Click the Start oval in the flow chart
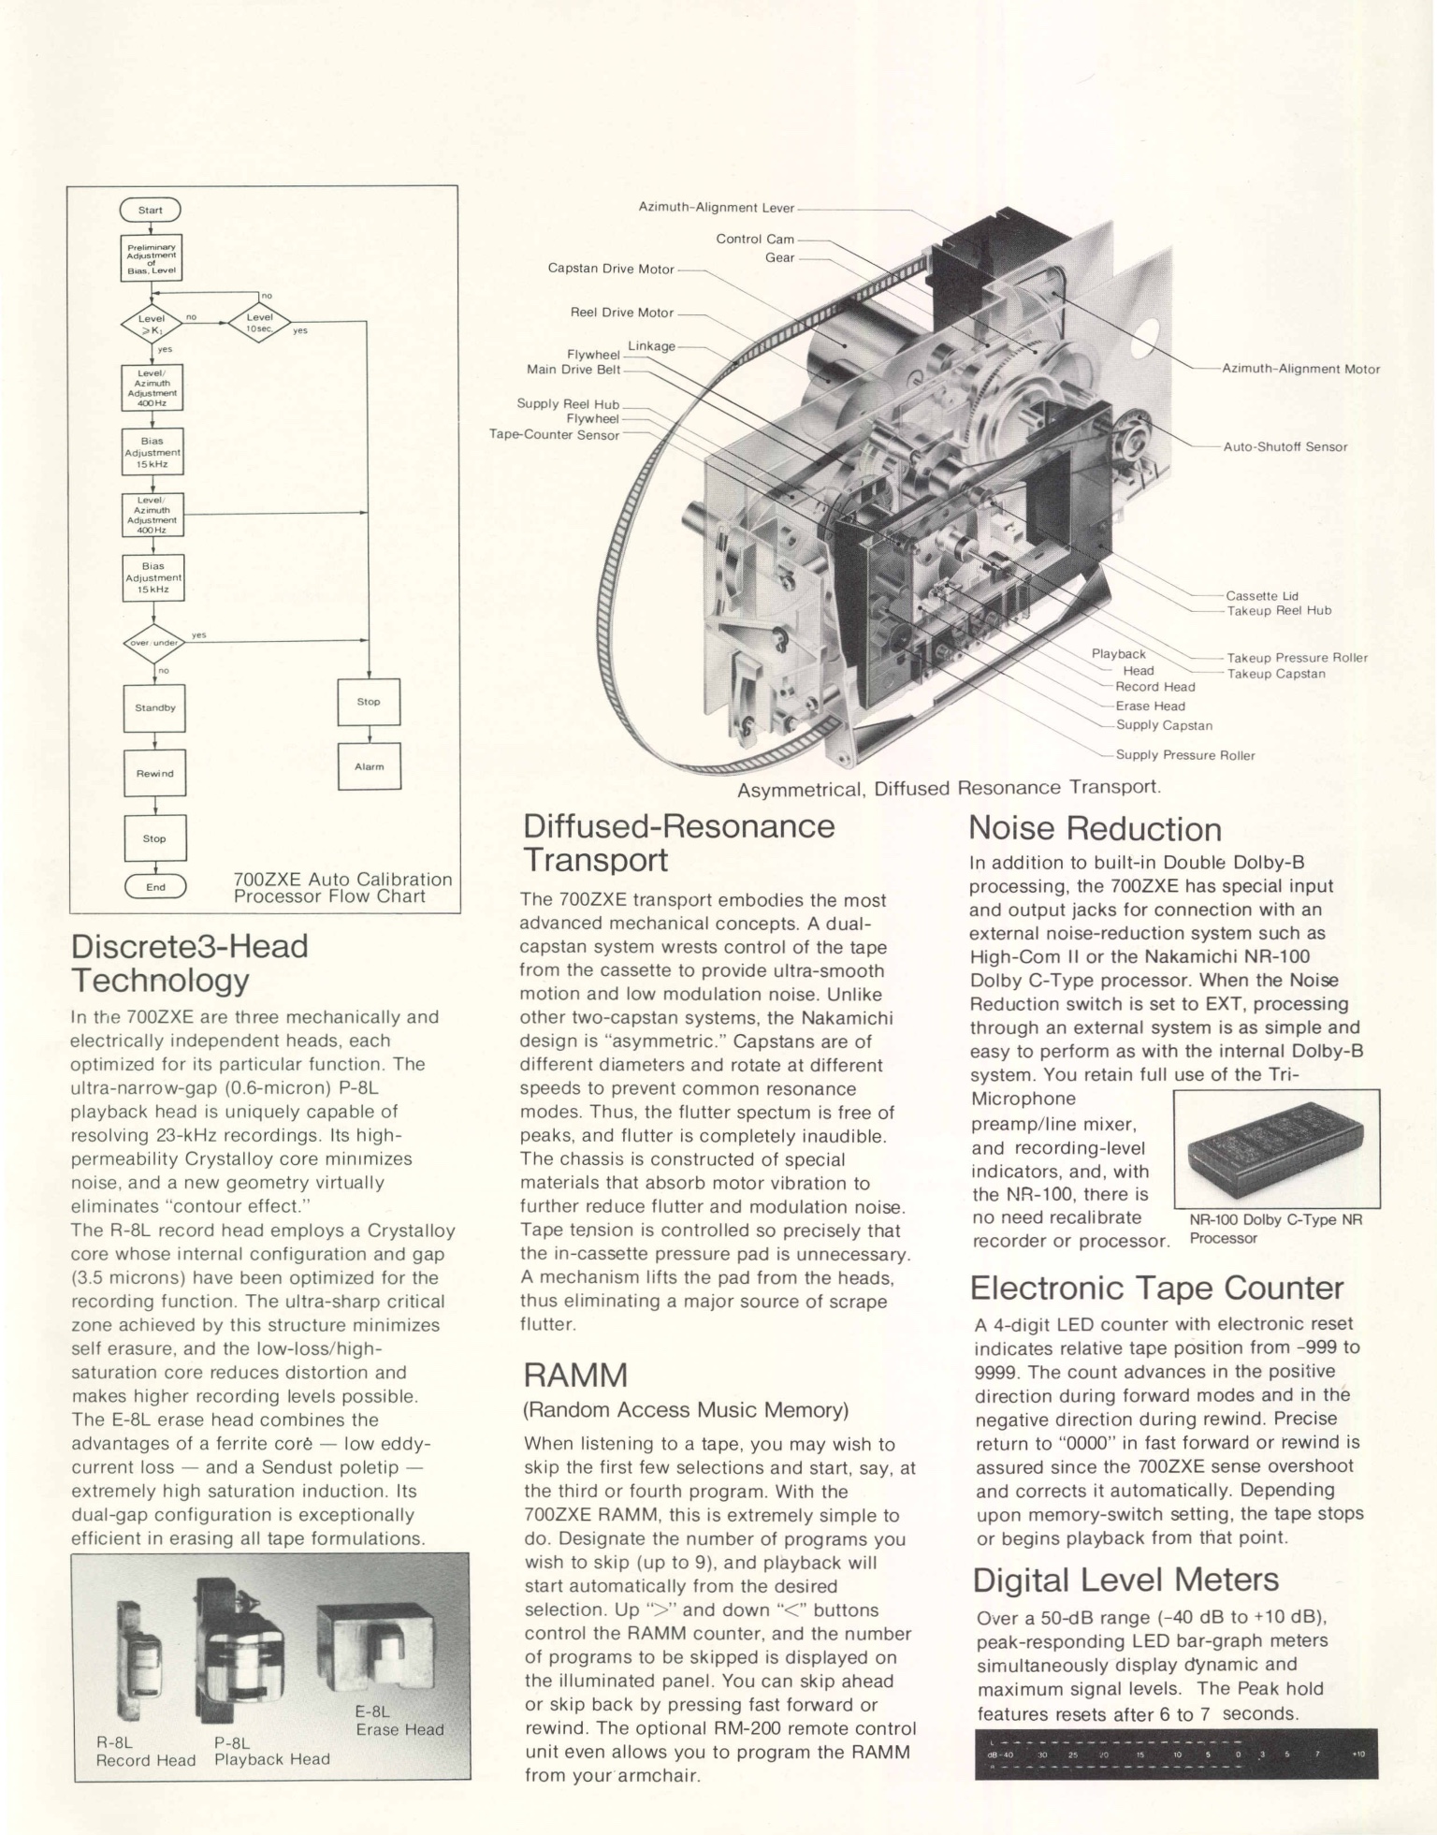[150, 211]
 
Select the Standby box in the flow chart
[154, 708]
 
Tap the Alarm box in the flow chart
[369, 766]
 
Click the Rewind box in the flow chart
[154, 774]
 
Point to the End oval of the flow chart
[155, 887]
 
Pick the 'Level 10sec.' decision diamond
[259, 322]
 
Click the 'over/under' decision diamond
[153, 643]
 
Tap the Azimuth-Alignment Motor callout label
[1300, 369]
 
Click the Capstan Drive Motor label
[610, 269]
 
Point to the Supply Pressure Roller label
[1184, 755]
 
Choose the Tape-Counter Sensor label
[554, 435]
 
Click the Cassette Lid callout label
[1262, 596]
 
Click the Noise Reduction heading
[1094, 829]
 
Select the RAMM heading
[575, 1376]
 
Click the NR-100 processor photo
[1275, 1150]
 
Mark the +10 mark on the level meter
[1357, 1755]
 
